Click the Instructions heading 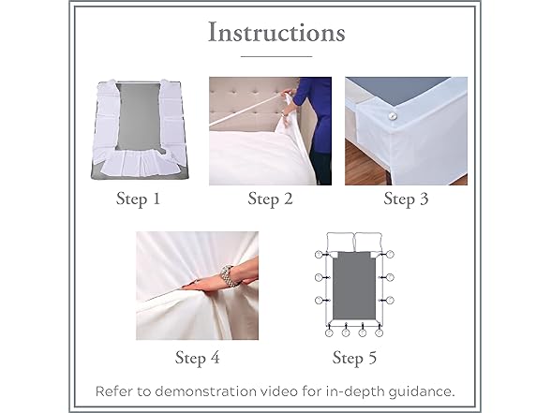click(x=275, y=33)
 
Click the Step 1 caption click(x=138, y=200)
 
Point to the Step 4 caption click(x=199, y=357)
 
